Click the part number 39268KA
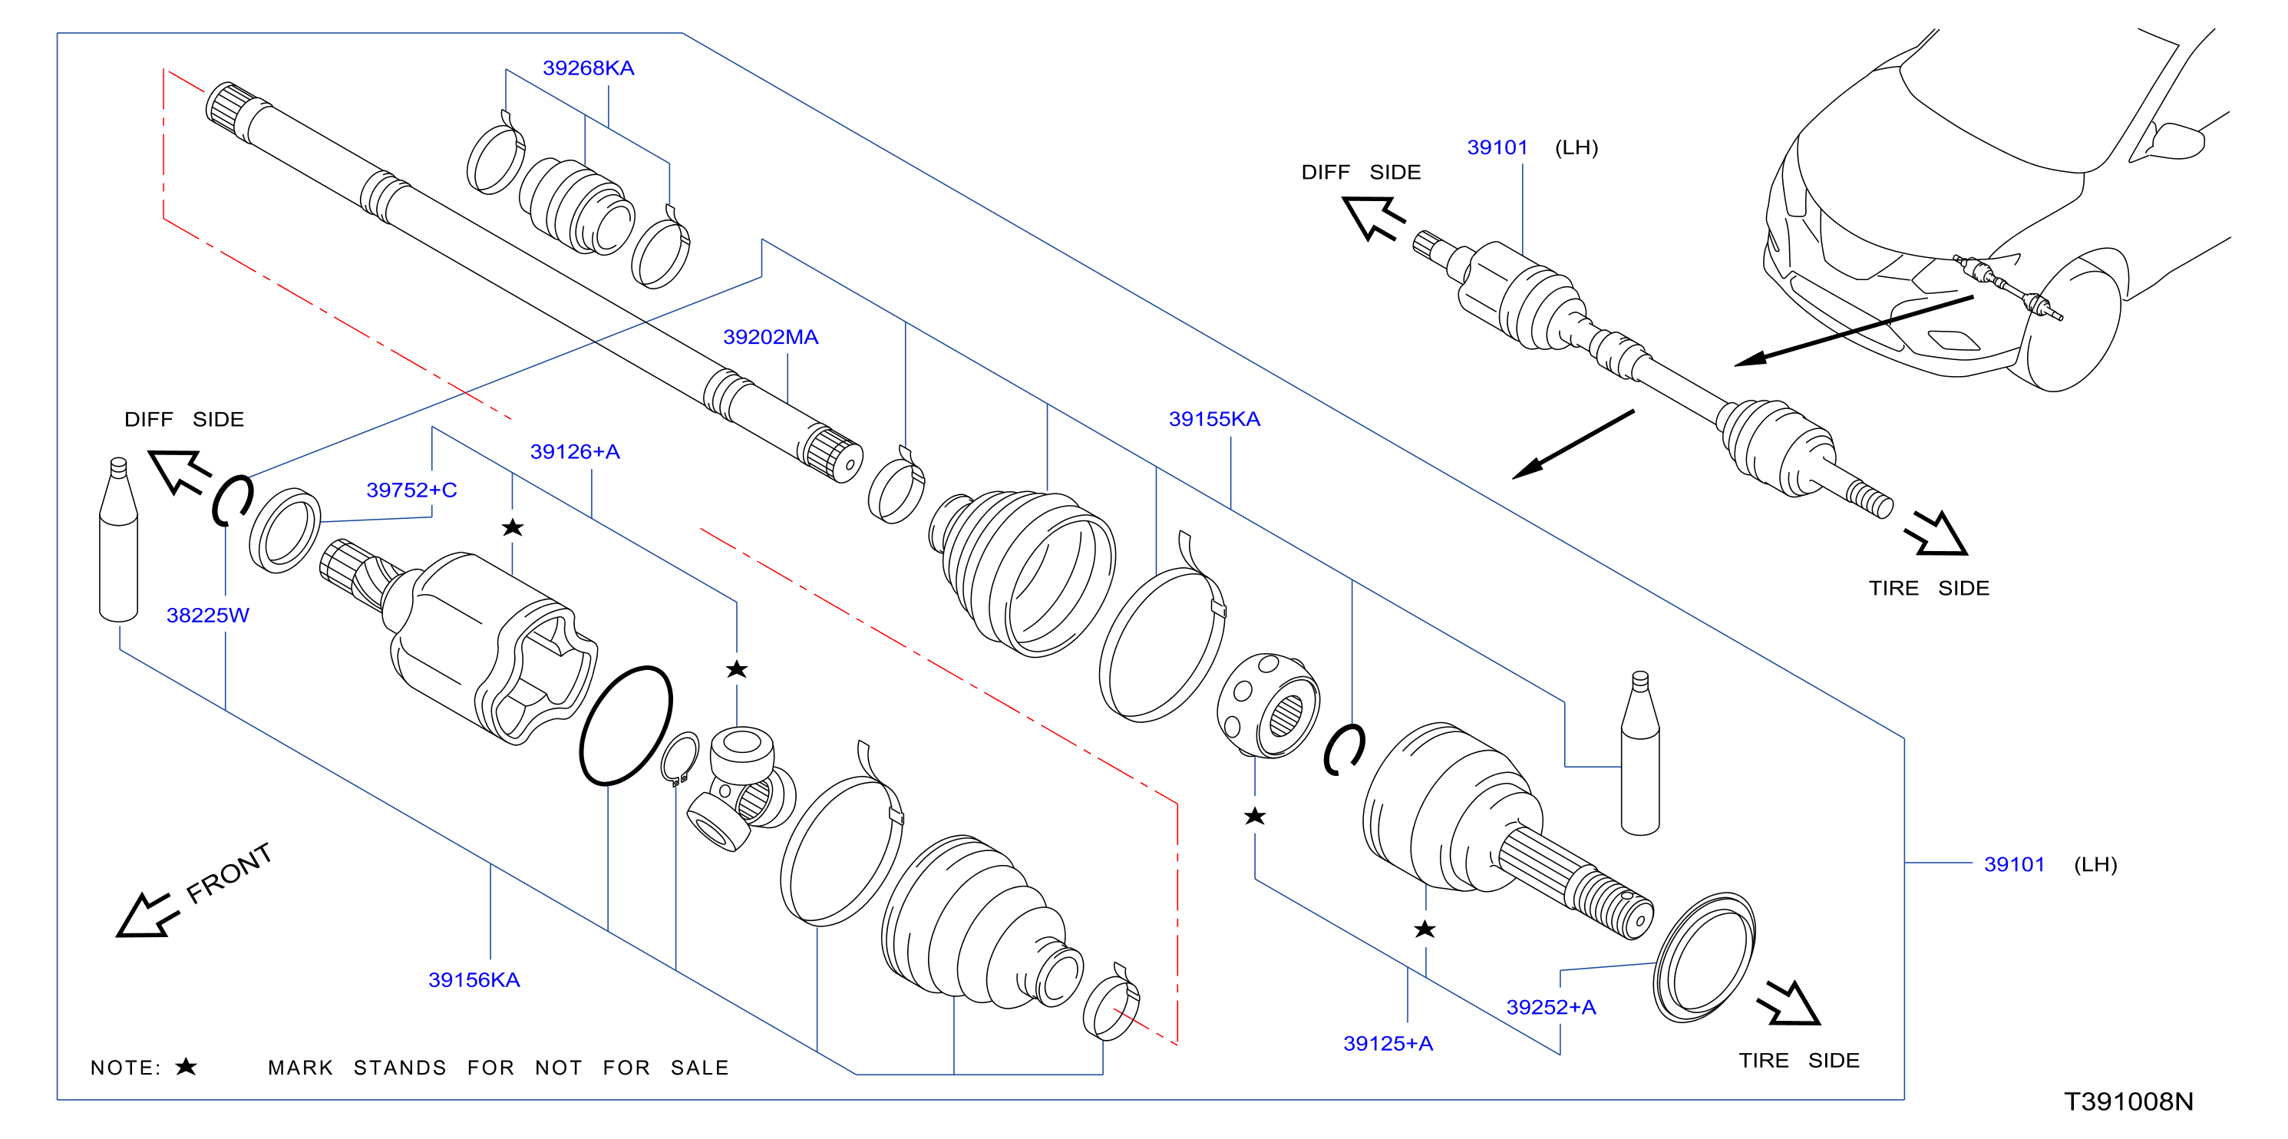(x=588, y=68)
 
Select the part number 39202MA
(x=770, y=337)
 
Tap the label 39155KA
(x=1214, y=418)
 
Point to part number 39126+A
(x=575, y=451)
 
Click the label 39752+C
(x=411, y=490)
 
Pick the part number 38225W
(x=208, y=615)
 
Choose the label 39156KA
(x=474, y=980)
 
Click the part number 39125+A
(x=1388, y=1043)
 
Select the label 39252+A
(x=1551, y=1007)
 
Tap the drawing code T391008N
(x=2128, y=1101)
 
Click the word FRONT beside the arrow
(x=228, y=873)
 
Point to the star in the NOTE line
(x=186, y=1066)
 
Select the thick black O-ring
(x=626, y=725)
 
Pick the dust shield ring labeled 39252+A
(x=1704, y=958)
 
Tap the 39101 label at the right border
(x=2015, y=864)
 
